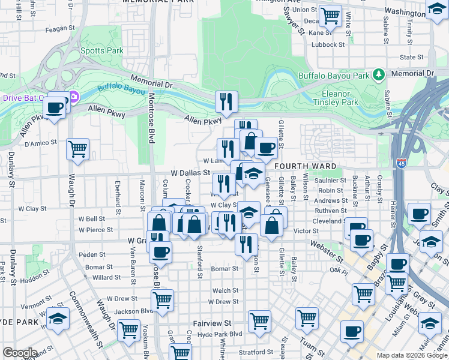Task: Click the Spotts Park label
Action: click(x=103, y=51)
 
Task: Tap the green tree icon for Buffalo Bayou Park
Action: click(x=378, y=76)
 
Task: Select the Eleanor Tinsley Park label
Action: click(x=336, y=98)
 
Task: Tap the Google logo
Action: click(x=20, y=353)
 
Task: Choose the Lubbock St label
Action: click(x=330, y=44)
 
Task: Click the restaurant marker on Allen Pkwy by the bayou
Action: click(x=226, y=102)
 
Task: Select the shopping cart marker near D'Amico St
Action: click(x=77, y=149)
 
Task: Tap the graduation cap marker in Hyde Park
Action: click(x=58, y=319)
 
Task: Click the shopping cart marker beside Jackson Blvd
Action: click(x=163, y=299)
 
